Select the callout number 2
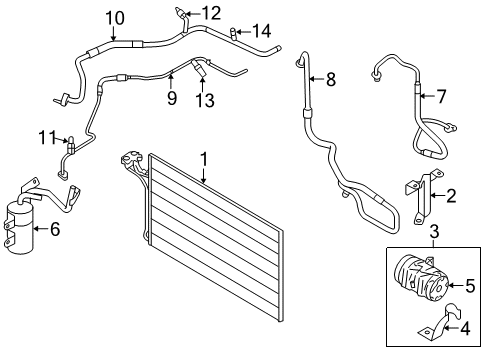451,195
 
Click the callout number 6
54,229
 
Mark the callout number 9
171,97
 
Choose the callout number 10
115,17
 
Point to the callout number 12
210,13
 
